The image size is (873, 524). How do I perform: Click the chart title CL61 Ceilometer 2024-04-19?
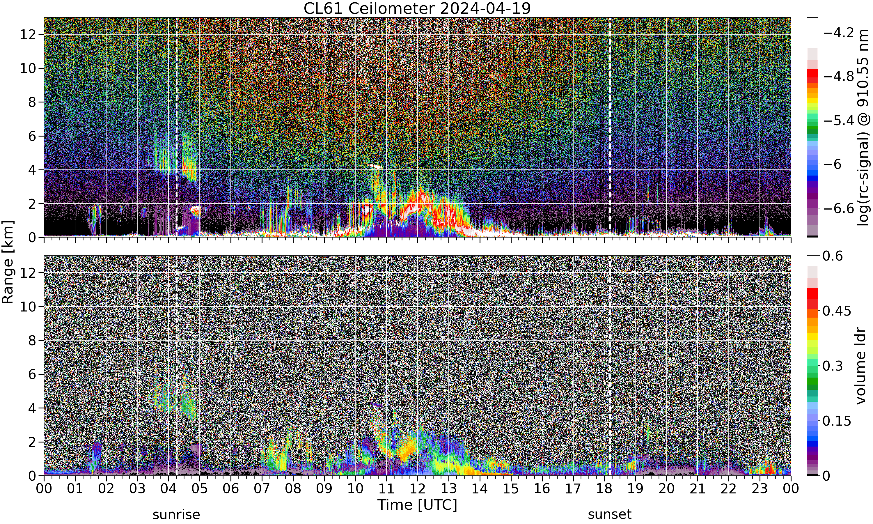point(417,8)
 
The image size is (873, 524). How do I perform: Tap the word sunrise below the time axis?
point(176,514)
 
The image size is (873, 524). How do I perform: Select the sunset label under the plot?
point(609,514)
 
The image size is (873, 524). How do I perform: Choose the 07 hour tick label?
point(262,489)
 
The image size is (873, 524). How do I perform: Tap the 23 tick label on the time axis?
point(760,489)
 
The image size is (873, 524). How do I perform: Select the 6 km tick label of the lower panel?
point(33,374)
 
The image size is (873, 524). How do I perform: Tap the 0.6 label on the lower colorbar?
point(833,256)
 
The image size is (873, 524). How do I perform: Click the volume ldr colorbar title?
point(861,365)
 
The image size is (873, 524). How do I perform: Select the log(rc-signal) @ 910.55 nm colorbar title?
point(863,127)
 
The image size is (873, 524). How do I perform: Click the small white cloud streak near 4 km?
point(375,166)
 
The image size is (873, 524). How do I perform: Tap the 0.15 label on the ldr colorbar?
point(837,421)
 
